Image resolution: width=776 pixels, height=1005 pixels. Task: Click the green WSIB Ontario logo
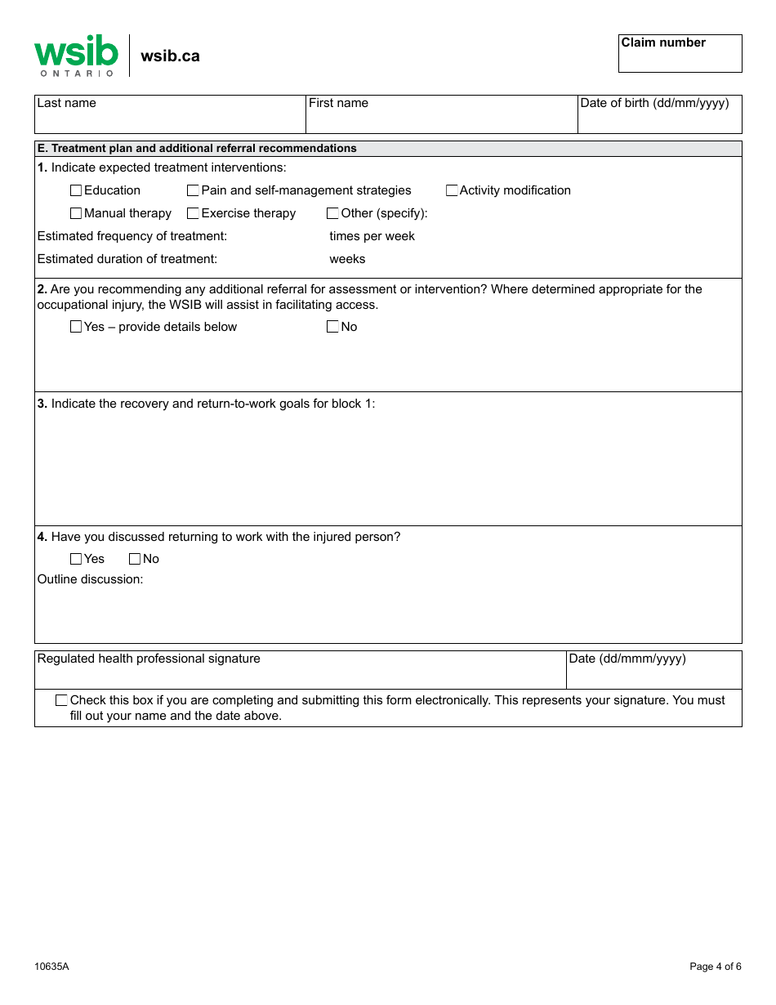(x=76, y=56)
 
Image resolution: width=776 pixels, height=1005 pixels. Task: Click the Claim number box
(x=680, y=58)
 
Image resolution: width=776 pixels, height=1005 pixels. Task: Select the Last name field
(x=170, y=119)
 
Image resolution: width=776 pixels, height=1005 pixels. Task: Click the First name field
(x=441, y=119)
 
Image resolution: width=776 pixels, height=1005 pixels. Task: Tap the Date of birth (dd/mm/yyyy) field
(x=659, y=119)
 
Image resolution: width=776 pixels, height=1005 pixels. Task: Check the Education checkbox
(x=76, y=190)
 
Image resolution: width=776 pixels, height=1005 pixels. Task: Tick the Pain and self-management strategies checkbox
(x=194, y=190)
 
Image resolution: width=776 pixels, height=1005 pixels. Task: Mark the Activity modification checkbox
(x=452, y=190)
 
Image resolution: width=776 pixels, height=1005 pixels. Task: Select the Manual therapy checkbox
(x=76, y=213)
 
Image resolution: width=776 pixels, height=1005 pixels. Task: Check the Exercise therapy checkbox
(x=194, y=213)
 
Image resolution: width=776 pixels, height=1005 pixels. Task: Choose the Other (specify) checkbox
(x=332, y=213)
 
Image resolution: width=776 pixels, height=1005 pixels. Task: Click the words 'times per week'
(x=372, y=236)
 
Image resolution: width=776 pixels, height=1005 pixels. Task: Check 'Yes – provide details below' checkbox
(x=76, y=327)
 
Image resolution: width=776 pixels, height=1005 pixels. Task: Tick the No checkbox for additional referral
(x=332, y=327)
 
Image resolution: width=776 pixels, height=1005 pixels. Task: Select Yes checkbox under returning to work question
(x=76, y=559)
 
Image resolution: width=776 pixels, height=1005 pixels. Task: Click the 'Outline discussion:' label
(x=90, y=579)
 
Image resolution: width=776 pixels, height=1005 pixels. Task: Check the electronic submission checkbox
(x=61, y=700)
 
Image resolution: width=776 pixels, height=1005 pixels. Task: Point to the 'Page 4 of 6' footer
(x=715, y=967)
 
